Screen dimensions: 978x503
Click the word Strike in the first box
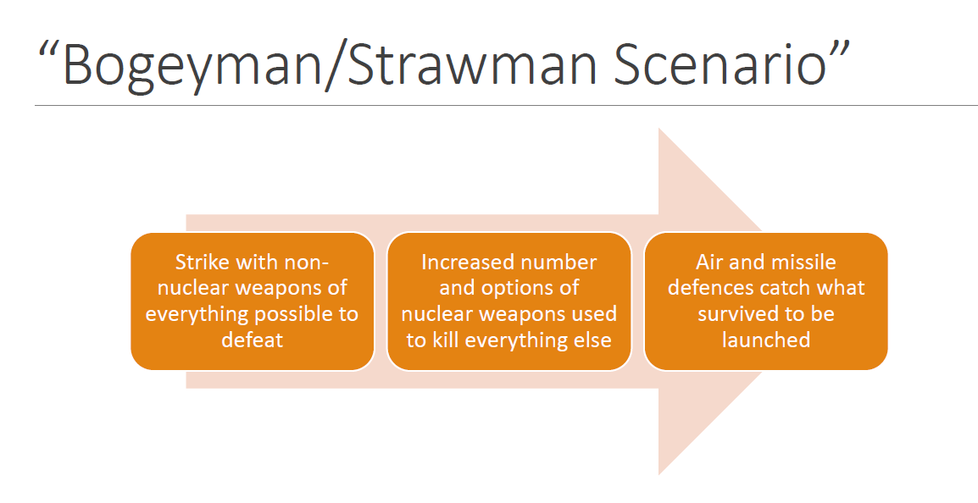(x=201, y=262)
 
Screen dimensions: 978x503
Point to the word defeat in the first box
(x=252, y=340)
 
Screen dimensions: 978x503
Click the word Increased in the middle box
(x=467, y=262)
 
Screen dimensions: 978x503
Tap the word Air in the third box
(x=710, y=262)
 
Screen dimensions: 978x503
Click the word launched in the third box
(x=766, y=340)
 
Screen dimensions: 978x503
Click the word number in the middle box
(x=558, y=262)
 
